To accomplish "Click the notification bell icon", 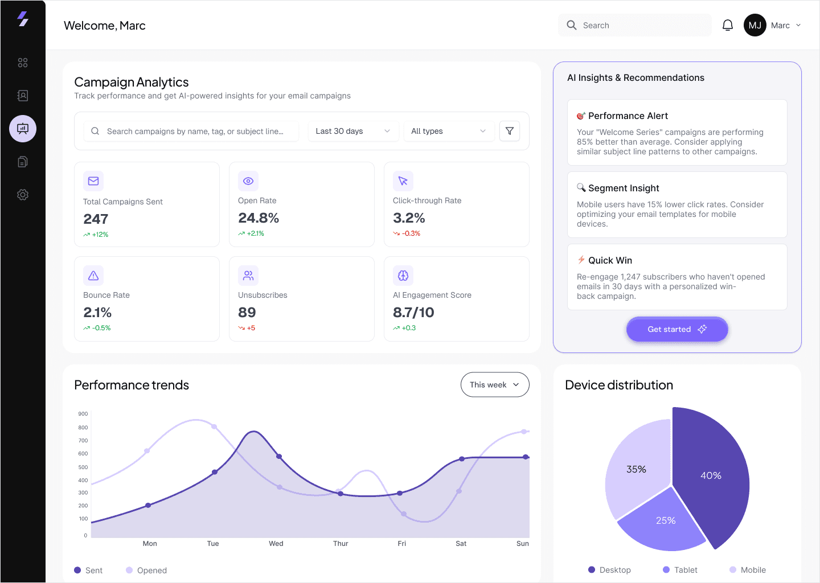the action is [x=727, y=25].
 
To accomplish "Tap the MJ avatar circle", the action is [x=755, y=25].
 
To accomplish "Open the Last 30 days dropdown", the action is [x=353, y=131].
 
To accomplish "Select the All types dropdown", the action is [x=449, y=131].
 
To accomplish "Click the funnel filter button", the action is [x=509, y=131].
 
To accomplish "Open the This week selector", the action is [x=494, y=385].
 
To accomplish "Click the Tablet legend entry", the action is [x=680, y=570].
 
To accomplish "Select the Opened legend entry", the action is [x=146, y=570].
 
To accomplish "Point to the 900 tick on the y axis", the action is [x=83, y=413].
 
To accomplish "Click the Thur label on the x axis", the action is [x=341, y=544].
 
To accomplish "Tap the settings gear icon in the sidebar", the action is [x=23, y=195].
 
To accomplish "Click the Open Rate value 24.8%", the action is [x=259, y=217].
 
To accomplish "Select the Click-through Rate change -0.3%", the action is [x=407, y=233].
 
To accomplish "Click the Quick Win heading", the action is [x=610, y=260].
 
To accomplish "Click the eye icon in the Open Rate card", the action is [x=248, y=181].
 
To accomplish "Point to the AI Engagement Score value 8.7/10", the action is [x=413, y=312].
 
